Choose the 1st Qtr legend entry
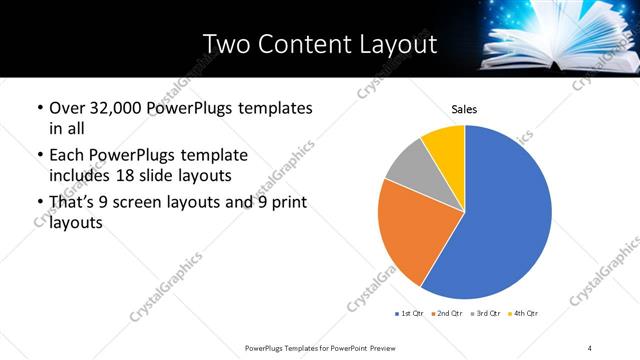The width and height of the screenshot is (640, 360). tap(411, 313)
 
